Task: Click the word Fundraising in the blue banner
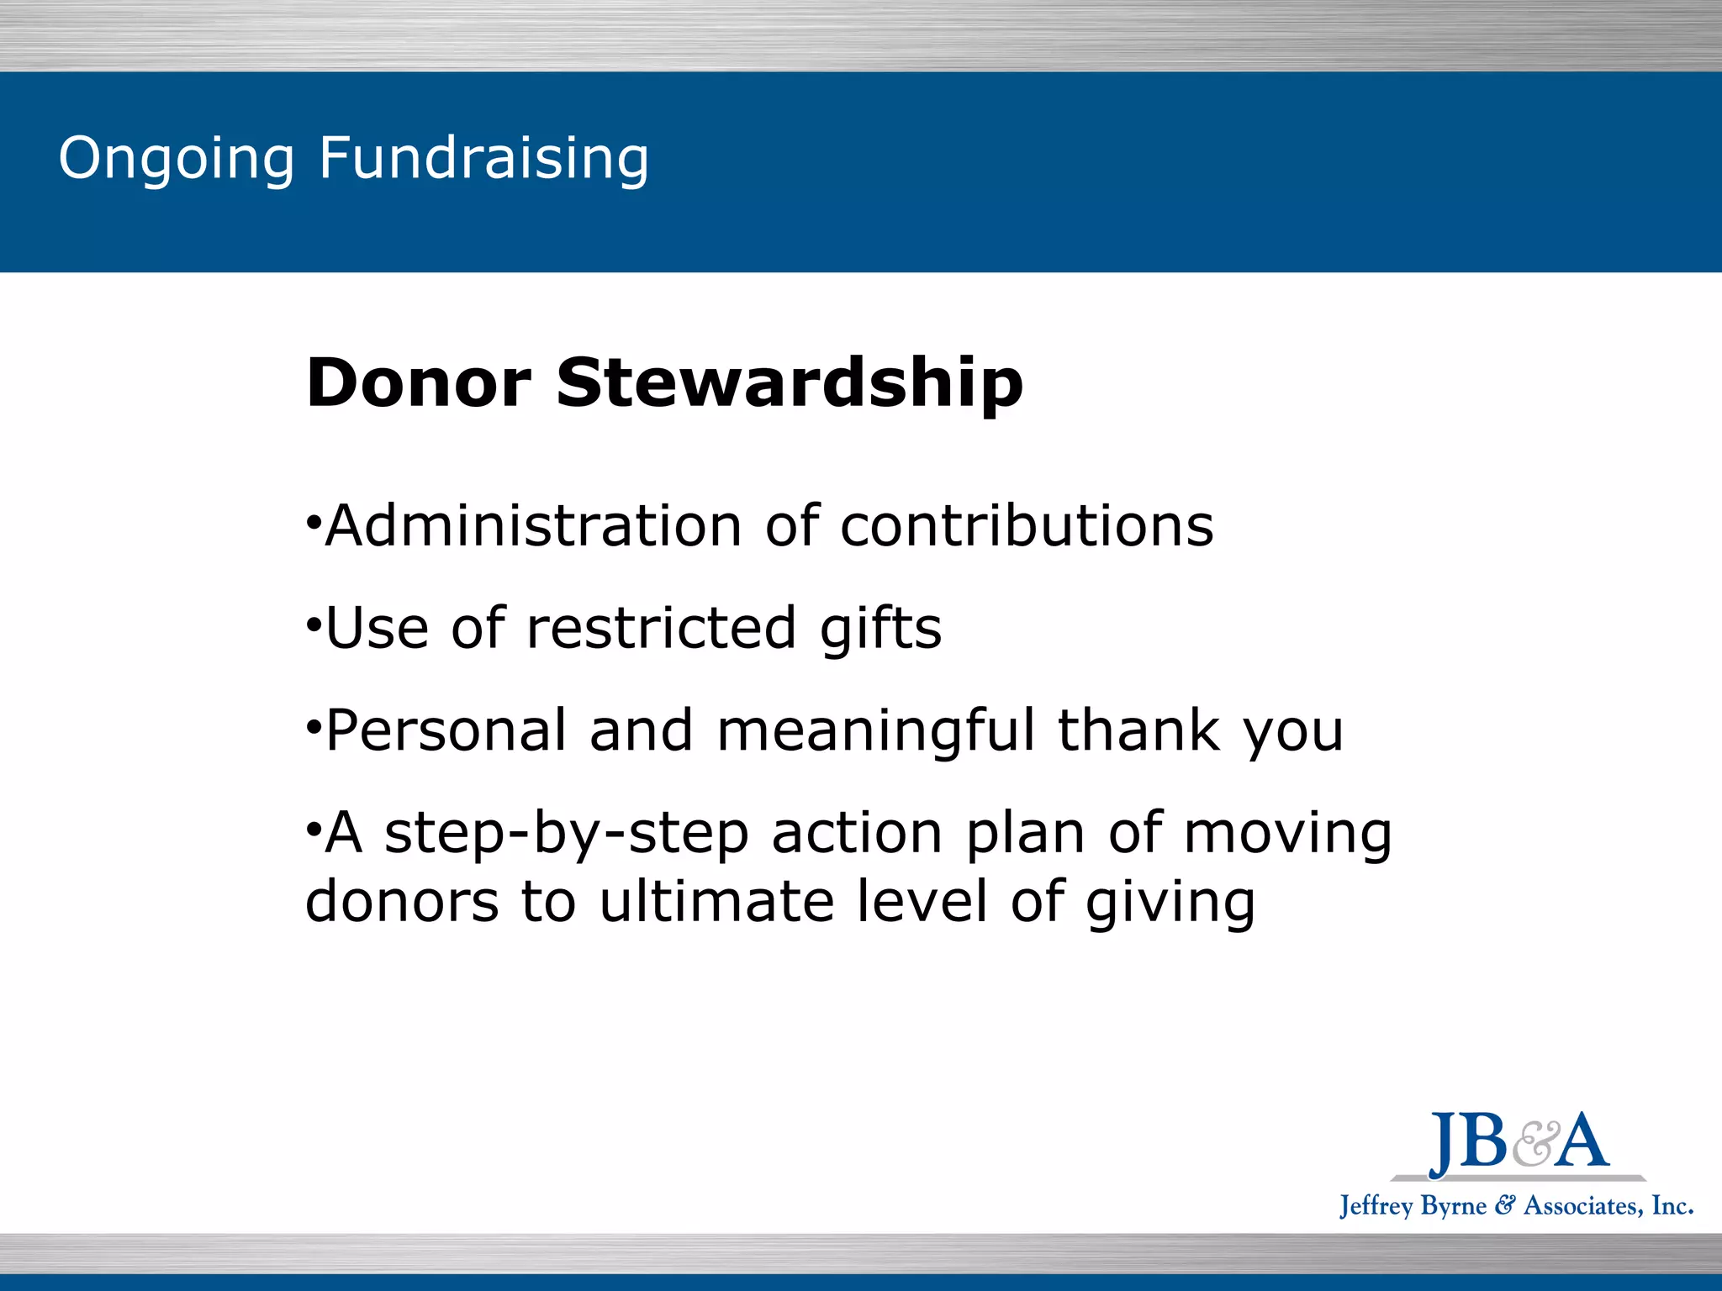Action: click(483, 158)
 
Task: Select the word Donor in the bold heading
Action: click(419, 383)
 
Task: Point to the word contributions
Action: click(1027, 527)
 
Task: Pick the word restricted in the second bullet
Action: click(661, 629)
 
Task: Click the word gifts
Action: click(880, 629)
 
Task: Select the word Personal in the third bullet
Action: click(446, 730)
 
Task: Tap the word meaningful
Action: click(875, 730)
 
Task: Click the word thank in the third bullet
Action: click(1138, 730)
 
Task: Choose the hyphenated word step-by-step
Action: click(566, 834)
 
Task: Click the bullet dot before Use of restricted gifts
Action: click(313, 625)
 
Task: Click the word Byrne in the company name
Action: click(1454, 1207)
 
